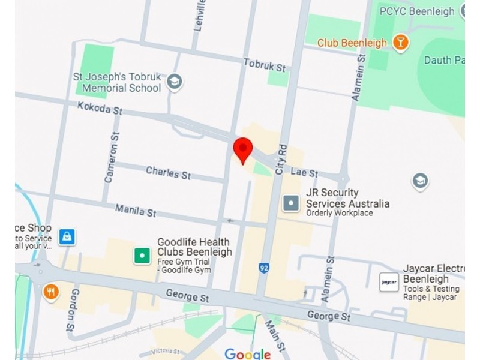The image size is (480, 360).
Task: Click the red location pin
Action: [x=242, y=149]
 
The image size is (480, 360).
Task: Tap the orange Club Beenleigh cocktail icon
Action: [x=400, y=43]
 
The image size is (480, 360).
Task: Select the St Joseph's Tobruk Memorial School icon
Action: [x=175, y=82]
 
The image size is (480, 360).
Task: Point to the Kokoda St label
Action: [x=100, y=108]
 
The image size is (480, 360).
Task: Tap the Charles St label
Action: [x=168, y=173]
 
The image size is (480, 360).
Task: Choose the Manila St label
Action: [x=136, y=210]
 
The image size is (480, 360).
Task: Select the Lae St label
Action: [x=304, y=172]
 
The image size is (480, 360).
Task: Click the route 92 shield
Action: [x=263, y=268]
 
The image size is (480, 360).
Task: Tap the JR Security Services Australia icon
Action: [x=291, y=203]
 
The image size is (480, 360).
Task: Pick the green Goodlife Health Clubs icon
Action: [x=142, y=256]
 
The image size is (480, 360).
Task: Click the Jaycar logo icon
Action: [x=389, y=282]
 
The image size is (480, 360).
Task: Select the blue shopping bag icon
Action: [x=67, y=236]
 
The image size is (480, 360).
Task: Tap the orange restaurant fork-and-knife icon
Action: [x=51, y=292]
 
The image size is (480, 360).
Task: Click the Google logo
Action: [x=247, y=354]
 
